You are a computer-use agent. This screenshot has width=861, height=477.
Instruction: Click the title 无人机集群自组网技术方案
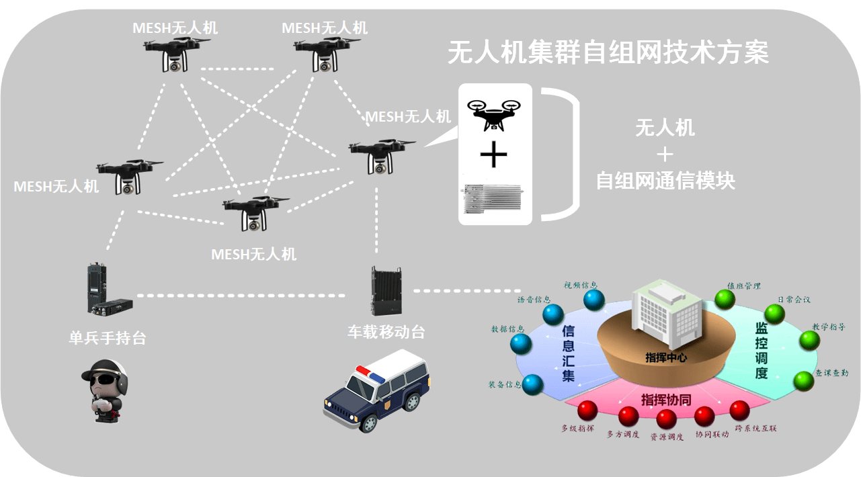tap(608, 52)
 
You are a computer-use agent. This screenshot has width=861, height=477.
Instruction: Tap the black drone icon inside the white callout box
tap(495, 115)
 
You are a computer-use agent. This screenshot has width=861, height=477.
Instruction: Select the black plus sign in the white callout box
tap(494, 156)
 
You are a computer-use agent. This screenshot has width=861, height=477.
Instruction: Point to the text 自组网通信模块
tap(665, 181)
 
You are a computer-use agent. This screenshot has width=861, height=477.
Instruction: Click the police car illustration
tap(377, 394)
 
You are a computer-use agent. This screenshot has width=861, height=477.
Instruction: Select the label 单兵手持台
tap(107, 338)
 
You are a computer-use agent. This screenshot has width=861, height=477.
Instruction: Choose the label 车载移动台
tap(386, 332)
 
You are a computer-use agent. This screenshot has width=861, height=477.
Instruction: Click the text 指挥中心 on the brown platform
tap(665, 357)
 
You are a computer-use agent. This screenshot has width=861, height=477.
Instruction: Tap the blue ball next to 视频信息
tap(594, 300)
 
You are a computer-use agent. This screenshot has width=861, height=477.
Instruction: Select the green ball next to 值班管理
tap(725, 299)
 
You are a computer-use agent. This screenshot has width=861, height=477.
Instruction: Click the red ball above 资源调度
tap(666, 419)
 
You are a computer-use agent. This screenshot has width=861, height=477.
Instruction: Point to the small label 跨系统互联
tap(755, 428)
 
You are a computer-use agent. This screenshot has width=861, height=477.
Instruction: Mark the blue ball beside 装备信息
tap(533, 384)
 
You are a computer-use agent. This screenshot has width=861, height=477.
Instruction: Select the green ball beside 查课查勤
tap(803, 381)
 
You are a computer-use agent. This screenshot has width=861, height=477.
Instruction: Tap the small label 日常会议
tap(794, 300)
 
